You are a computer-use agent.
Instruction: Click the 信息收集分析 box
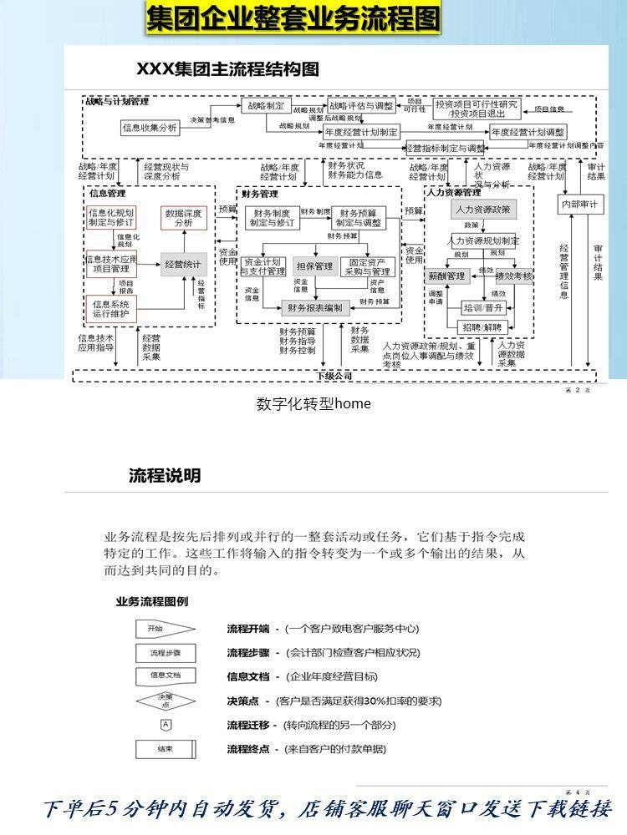click(150, 128)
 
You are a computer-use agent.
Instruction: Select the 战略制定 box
click(266, 106)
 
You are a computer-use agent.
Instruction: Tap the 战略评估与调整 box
click(361, 106)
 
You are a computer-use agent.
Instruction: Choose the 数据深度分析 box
click(183, 218)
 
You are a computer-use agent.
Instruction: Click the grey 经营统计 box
click(183, 265)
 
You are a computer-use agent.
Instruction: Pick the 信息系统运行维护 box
click(111, 308)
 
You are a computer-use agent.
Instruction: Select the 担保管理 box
click(314, 266)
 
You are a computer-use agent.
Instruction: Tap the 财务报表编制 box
click(314, 307)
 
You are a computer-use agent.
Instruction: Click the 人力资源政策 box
click(482, 209)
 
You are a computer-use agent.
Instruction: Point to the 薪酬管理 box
click(446, 276)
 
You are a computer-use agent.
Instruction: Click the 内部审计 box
click(579, 204)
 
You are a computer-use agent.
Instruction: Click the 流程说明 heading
click(165, 476)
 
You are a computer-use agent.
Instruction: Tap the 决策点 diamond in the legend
click(166, 700)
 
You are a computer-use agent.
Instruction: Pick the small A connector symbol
click(166, 724)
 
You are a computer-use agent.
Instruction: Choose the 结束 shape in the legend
click(166, 749)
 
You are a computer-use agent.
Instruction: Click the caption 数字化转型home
click(313, 404)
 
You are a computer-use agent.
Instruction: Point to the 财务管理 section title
click(261, 194)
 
